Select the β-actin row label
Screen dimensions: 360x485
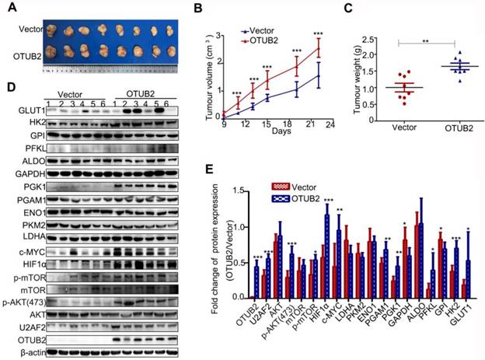[25, 352]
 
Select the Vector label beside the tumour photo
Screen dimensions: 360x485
[30, 29]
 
